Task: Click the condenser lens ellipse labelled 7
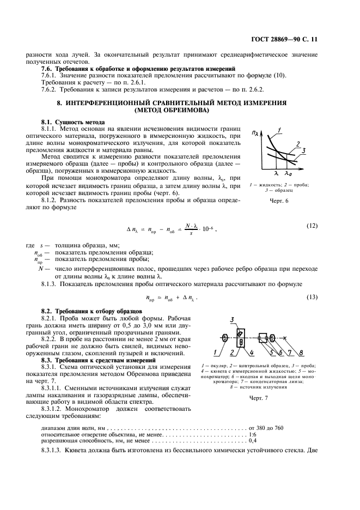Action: pos(272,339)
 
